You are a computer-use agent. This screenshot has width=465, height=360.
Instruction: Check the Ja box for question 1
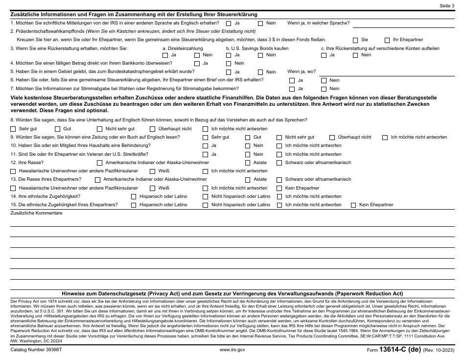pos(229,23)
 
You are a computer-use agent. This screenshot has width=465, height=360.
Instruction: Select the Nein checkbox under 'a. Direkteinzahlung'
pos(197,55)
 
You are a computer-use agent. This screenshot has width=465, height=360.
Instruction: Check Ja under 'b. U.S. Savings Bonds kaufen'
pos(229,55)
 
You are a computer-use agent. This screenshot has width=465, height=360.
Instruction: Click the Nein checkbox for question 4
pos(229,63)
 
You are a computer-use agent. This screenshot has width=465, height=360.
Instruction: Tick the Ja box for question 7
pos(292,89)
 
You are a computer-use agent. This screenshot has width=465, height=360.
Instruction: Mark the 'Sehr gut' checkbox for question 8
pos(13,129)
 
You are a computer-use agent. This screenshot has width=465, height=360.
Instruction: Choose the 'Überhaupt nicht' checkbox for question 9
pos(332,138)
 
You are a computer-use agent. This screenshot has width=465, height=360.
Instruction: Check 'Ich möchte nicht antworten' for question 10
pos(279,146)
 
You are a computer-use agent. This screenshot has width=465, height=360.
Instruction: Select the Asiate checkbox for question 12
pos(247,163)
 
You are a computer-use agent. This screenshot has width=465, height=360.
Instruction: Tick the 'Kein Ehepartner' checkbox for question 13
pos(279,188)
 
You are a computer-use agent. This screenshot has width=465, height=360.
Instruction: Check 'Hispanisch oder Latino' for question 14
pos(133,196)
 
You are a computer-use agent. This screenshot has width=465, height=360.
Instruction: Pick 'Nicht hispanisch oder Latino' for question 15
pos(205,205)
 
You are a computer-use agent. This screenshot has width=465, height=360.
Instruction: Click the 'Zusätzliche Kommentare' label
pos(37,213)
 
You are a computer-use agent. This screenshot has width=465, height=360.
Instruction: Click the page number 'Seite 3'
pos(447,5)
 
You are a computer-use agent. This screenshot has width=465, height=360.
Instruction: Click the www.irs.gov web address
pos(232,350)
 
